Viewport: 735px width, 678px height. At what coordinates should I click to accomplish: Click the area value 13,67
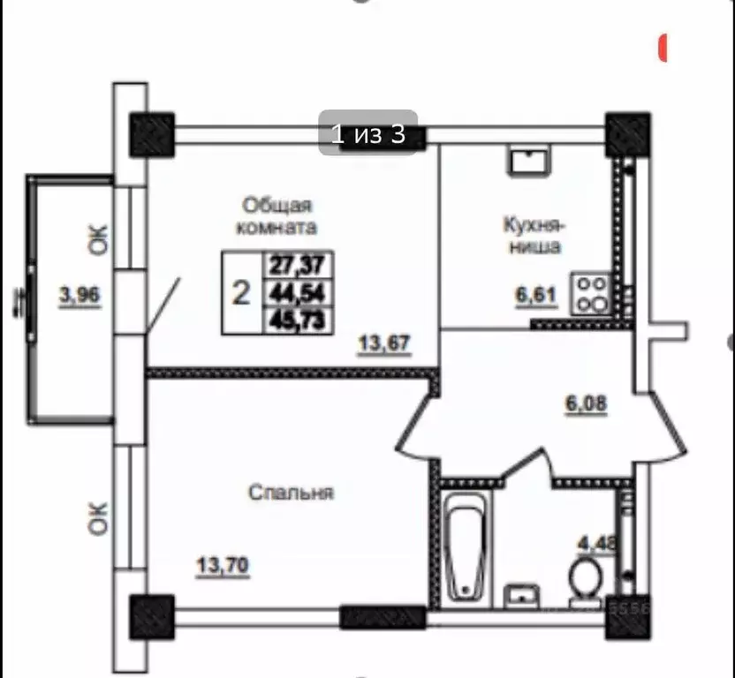point(386,343)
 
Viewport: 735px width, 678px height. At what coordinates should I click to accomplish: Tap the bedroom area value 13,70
point(221,562)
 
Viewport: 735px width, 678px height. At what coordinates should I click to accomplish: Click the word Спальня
point(291,492)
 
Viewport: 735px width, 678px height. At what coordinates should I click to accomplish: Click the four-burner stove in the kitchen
point(590,294)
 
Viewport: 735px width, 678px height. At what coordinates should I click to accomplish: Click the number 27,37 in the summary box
point(298,264)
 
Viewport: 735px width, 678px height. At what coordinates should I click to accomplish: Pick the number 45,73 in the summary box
point(298,320)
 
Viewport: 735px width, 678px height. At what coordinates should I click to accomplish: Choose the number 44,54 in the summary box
point(298,292)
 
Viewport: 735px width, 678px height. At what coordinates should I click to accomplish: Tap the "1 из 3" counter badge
point(367,134)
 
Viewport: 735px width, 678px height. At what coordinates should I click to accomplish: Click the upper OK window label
point(99,239)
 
